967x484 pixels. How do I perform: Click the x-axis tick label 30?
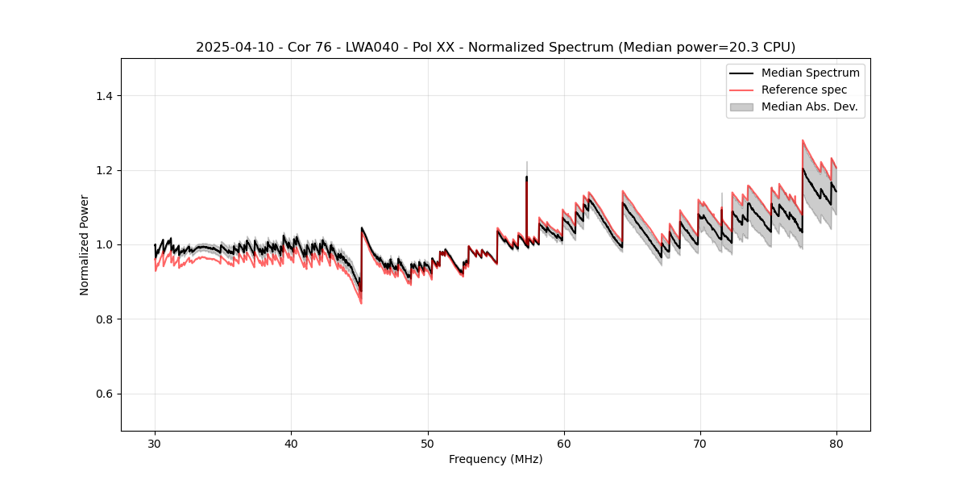[155, 444]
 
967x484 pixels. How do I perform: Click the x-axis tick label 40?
[291, 444]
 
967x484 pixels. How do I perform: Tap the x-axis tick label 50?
[427, 444]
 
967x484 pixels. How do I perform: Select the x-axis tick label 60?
[564, 444]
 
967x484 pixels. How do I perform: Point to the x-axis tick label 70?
[700, 444]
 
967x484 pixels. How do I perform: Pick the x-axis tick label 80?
[836, 444]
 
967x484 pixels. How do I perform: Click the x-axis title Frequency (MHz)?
[496, 460]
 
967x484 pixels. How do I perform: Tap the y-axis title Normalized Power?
[85, 244]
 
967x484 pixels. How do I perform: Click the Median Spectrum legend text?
[810, 73]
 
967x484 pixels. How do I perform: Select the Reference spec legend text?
[804, 90]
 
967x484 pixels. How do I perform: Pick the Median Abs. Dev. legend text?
[809, 106]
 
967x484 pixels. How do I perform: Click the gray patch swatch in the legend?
[741, 106]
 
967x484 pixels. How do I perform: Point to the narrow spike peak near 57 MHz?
[527, 162]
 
